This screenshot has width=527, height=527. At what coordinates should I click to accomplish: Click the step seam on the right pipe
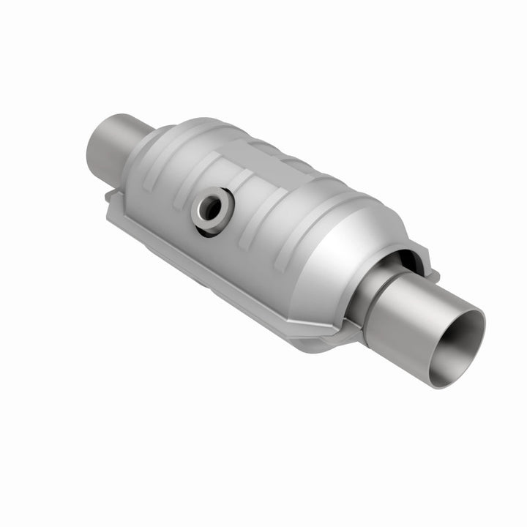(x=378, y=307)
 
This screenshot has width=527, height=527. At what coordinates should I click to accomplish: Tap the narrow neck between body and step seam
(x=366, y=293)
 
